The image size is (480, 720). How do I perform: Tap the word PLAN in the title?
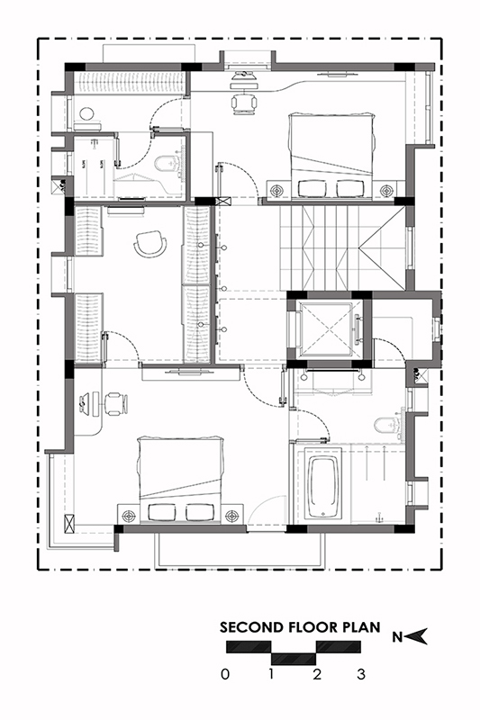[x=362, y=626]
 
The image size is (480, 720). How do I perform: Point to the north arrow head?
[x=417, y=636]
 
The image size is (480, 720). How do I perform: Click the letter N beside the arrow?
[x=398, y=637]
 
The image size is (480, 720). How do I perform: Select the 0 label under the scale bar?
[x=224, y=674]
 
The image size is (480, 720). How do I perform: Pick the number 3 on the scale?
[x=361, y=674]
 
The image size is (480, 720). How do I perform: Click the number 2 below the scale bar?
[x=316, y=674]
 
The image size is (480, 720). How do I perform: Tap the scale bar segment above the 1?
[x=294, y=659]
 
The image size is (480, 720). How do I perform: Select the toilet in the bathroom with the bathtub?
[x=388, y=424]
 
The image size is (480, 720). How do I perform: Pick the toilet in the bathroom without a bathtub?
[x=168, y=163]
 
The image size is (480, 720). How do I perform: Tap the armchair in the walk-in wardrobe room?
[x=149, y=243]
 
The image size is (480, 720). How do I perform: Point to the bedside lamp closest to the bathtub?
[x=232, y=516]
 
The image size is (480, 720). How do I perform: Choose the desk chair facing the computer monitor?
[x=116, y=404]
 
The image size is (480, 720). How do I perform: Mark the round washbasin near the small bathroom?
[x=86, y=113]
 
